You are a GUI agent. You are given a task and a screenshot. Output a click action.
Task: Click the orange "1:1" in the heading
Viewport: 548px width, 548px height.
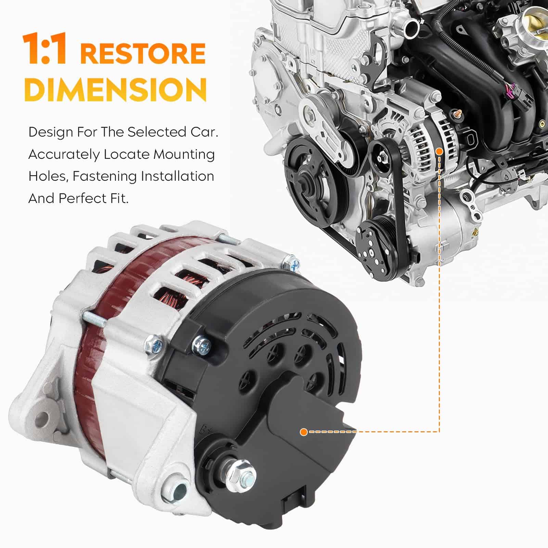[44, 49]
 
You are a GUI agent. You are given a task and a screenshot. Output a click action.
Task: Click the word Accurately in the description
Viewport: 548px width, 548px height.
[63, 155]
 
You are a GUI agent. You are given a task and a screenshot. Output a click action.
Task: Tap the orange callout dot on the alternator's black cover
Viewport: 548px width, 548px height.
[303, 432]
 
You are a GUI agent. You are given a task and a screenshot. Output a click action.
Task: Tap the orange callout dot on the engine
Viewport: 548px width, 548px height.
[439, 151]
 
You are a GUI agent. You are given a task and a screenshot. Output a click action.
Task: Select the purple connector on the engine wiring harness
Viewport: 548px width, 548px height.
[507, 89]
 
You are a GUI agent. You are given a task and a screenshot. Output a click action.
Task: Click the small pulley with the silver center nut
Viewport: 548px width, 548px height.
[383, 157]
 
